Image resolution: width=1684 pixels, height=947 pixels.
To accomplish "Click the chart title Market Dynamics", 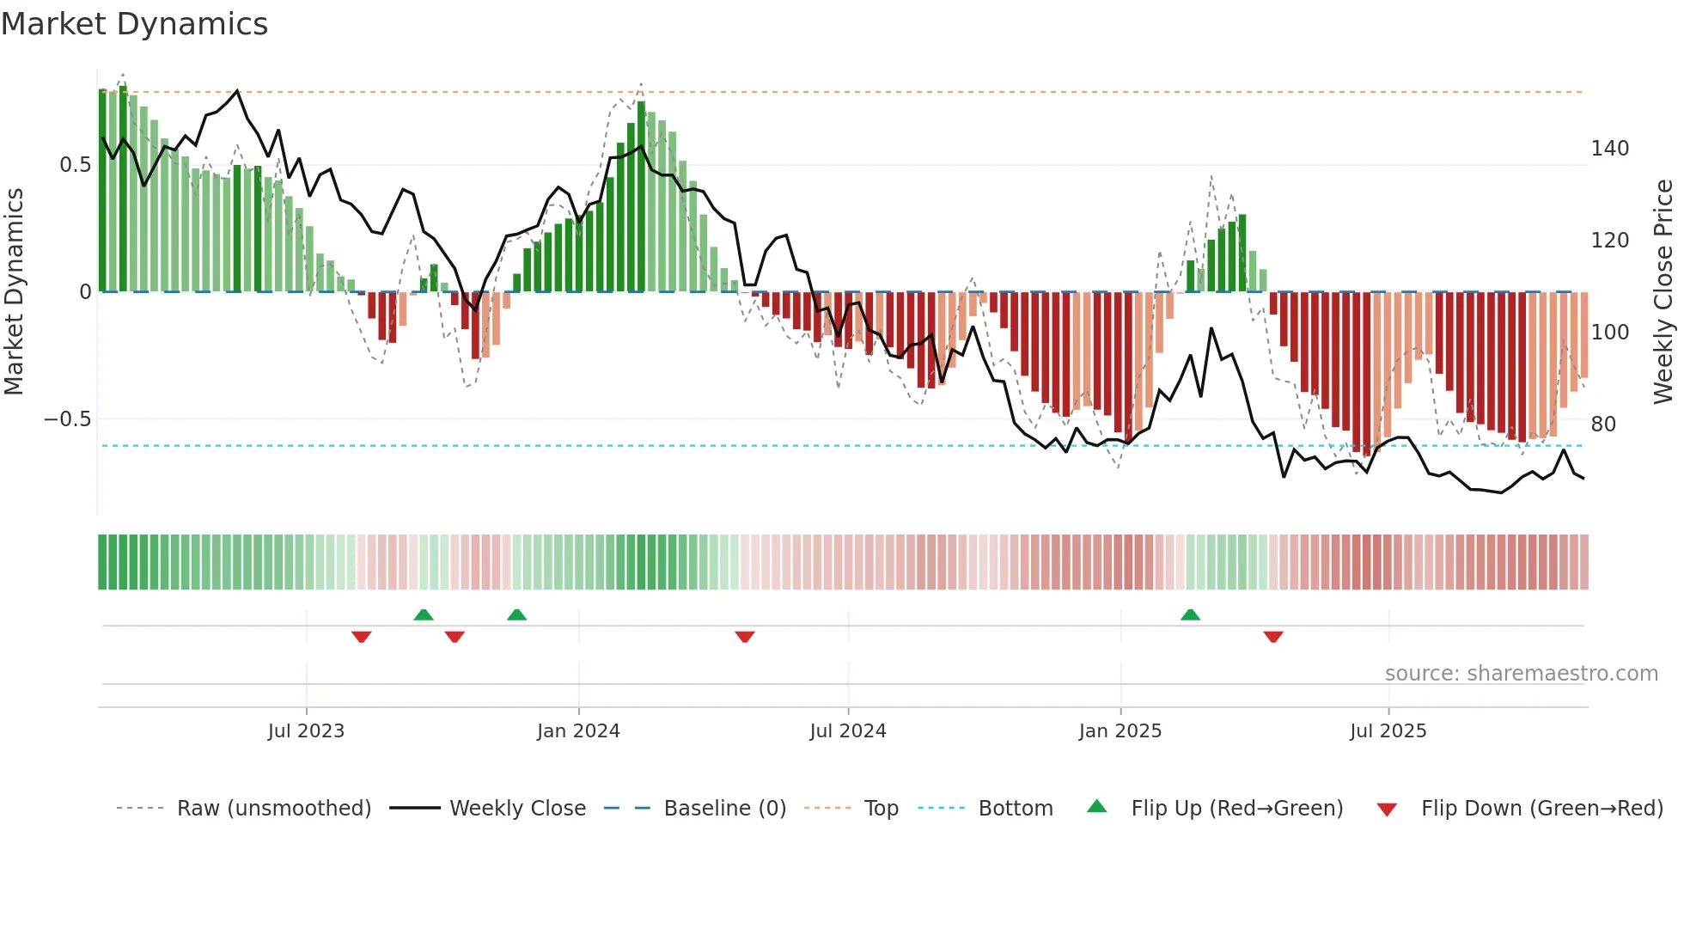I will point(134,24).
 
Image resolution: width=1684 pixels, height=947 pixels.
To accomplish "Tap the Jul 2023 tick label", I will point(306,731).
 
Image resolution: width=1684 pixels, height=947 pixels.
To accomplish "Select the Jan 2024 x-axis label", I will point(578,731).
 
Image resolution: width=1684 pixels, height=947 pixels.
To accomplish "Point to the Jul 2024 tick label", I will point(848,731).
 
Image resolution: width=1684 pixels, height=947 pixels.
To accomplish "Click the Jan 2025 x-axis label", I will point(1120,731).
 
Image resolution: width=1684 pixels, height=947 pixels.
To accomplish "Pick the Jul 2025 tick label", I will point(1388,731).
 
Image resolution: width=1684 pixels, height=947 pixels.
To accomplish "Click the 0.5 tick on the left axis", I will point(75,165).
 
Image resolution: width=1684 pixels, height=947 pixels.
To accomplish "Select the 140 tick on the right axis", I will point(1609,149).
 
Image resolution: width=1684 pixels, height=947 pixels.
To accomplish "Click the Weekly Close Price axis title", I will point(1663,292).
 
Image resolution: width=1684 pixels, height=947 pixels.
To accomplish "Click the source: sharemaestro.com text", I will point(1521,674).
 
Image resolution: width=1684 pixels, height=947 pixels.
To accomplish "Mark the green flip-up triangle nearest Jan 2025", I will point(1190,615).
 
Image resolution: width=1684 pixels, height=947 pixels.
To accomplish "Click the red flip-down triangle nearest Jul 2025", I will point(1273,637).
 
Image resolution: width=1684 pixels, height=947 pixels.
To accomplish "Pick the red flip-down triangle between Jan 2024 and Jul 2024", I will point(745,637).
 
